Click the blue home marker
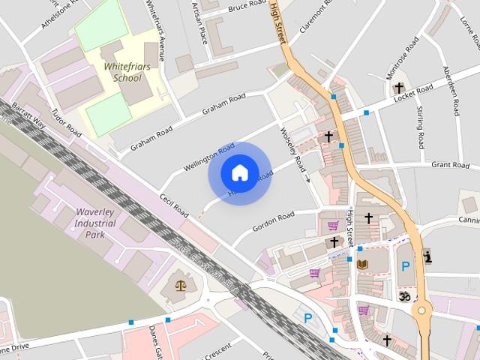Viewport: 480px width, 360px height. (x=239, y=173)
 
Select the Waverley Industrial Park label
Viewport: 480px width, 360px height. (x=95, y=217)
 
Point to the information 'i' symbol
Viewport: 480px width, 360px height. (x=427, y=257)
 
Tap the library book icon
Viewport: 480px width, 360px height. (x=363, y=264)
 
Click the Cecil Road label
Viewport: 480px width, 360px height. (x=173, y=207)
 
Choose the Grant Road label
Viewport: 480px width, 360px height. (x=450, y=163)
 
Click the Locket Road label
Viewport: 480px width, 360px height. (x=414, y=94)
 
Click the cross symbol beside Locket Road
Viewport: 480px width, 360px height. (x=399, y=88)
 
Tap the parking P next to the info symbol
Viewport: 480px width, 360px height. (x=406, y=266)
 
